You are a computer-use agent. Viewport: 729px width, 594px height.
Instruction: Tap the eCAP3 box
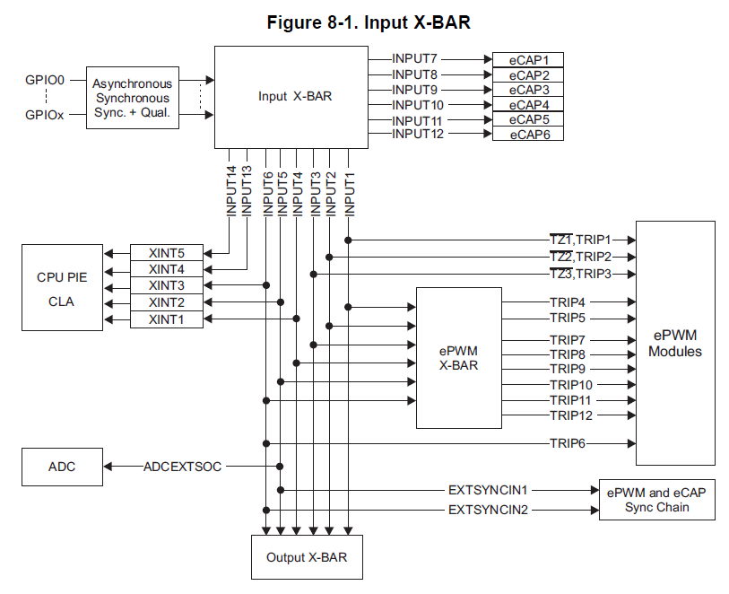coord(529,90)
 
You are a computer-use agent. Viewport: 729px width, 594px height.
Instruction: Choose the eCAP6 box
coord(529,134)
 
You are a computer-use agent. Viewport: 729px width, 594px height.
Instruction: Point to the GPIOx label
coord(45,114)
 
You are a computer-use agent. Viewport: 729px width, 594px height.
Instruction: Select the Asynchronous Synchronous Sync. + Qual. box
coord(132,98)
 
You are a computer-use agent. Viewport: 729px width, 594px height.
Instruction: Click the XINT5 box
coord(167,252)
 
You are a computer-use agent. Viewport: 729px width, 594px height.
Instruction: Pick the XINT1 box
coord(167,319)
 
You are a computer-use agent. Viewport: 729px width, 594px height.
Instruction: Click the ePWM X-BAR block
coord(458,358)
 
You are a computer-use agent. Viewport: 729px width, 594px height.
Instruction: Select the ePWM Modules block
coord(675,343)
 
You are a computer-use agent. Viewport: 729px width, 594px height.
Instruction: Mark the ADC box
coord(62,467)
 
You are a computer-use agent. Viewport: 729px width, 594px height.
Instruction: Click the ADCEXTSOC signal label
coord(182,467)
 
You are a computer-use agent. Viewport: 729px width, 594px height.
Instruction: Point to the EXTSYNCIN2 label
coord(489,510)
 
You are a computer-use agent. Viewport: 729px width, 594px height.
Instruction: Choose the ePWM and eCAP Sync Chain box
coord(656,500)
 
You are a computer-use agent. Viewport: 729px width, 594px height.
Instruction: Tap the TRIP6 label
coord(567,442)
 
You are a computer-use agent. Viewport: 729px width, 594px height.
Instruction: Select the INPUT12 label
coord(417,134)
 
